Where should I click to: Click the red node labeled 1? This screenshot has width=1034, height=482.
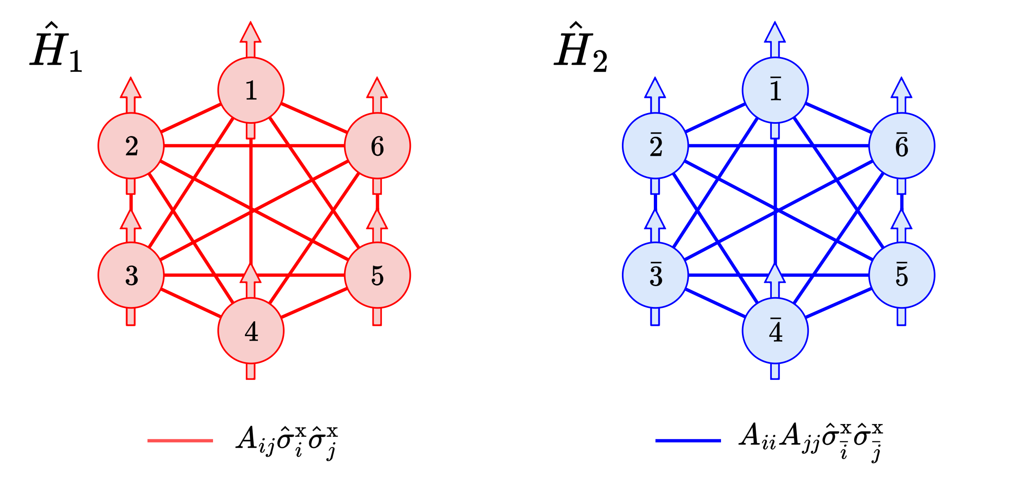[x=251, y=90]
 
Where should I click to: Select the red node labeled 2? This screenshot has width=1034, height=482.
[x=131, y=146]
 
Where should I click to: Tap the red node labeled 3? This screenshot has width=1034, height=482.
[x=131, y=275]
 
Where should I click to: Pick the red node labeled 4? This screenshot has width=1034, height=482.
[x=251, y=331]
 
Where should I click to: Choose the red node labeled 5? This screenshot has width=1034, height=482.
[x=377, y=275]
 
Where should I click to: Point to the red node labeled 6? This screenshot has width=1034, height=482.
[x=377, y=146]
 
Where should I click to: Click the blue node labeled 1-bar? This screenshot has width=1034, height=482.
[x=775, y=90]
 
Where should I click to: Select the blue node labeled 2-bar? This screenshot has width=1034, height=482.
[x=655, y=146]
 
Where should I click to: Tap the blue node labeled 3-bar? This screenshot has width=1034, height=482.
[x=655, y=275]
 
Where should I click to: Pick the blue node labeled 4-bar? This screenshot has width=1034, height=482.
[x=775, y=331]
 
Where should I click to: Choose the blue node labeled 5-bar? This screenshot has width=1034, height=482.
[x=901, y=275]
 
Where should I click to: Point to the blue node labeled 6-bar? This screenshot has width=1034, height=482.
[x=901, y=146]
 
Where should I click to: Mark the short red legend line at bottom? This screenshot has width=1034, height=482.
[x=180, y=441]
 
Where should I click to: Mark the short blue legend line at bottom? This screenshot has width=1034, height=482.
[x=688, y=441]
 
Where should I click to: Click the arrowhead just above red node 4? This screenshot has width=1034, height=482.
[x=251, y=275]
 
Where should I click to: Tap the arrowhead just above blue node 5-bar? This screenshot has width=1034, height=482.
[x=901, y=221]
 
